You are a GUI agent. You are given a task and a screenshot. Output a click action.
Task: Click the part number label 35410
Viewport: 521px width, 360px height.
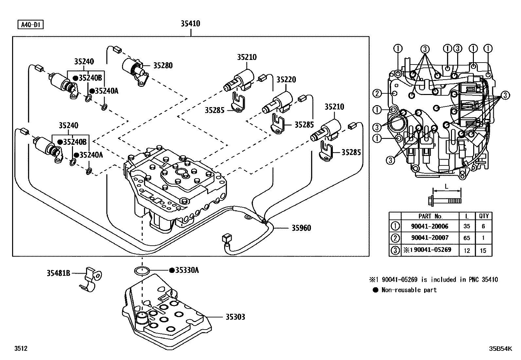190,24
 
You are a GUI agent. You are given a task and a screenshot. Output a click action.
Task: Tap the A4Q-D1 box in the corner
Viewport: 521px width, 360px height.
31,25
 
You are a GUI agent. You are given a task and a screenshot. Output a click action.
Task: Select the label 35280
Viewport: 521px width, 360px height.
163,66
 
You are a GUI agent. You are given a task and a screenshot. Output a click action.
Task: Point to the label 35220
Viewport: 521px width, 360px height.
286,80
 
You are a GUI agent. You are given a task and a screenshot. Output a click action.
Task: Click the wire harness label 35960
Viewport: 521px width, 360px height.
301,228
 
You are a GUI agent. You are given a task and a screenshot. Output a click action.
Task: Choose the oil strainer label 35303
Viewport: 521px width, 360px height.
235,317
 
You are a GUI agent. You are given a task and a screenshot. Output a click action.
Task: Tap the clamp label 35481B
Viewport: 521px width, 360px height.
58,273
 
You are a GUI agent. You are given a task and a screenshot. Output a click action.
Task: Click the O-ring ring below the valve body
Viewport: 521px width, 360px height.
142,271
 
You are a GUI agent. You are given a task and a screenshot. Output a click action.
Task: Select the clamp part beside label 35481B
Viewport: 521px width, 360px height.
90,279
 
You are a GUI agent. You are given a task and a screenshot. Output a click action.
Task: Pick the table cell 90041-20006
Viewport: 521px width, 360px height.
430,226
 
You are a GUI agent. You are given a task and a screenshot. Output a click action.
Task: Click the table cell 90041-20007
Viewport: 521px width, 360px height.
430,238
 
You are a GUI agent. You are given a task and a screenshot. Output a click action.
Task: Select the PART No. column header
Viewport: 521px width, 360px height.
430,216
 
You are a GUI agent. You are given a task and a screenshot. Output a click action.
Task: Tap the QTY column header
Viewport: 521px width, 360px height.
484,216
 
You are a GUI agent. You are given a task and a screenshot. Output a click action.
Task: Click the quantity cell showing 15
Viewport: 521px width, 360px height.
483,251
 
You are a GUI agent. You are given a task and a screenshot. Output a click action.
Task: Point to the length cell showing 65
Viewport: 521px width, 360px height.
467,238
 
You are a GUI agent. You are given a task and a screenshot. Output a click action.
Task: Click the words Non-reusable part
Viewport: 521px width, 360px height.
409,290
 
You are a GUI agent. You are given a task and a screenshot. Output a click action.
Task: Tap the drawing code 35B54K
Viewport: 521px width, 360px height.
500,349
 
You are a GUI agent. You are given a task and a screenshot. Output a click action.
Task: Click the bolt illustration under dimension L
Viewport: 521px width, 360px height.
445,200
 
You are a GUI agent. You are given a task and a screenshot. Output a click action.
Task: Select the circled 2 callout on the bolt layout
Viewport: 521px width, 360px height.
377,94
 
